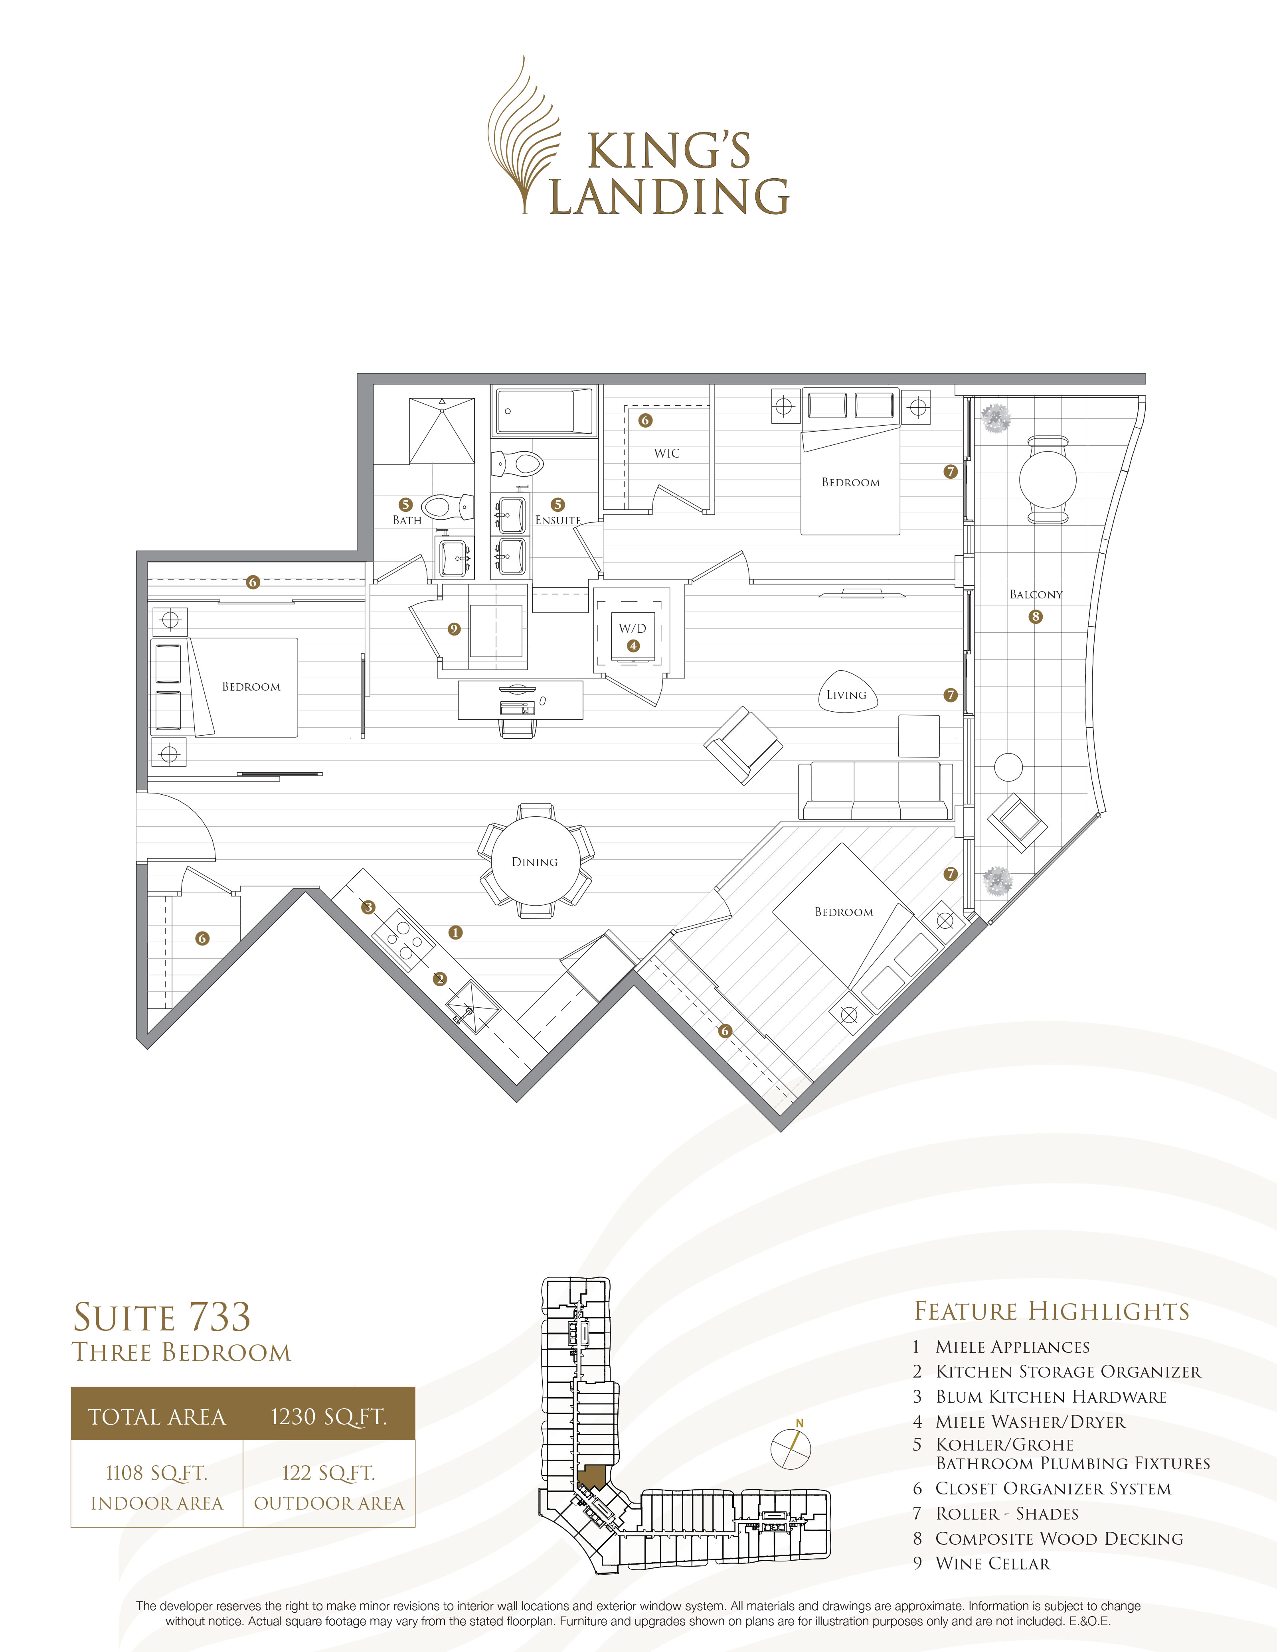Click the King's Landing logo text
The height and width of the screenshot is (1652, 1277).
point(669,174)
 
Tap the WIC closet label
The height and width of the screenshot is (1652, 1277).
point(666,453)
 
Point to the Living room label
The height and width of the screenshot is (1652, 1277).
point(846,695)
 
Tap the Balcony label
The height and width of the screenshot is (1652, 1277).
point(1036,594)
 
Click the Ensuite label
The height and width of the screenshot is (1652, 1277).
point(557,520)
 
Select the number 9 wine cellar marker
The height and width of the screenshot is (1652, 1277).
point(454,629)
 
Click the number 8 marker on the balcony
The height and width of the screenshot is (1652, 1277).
point(1036,616)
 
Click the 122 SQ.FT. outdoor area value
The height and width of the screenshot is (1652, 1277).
point(328,1473)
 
